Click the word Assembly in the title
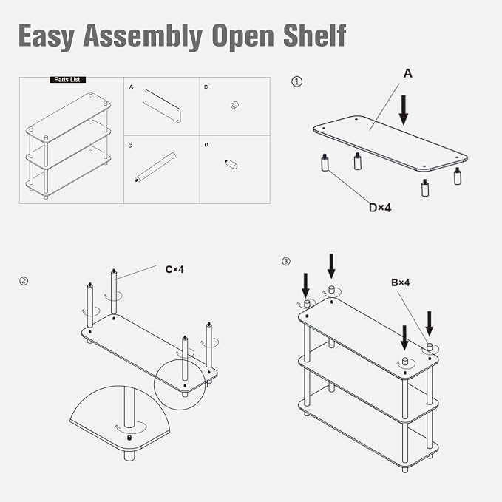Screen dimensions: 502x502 click(143, 36)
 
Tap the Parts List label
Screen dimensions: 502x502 click(68, 80)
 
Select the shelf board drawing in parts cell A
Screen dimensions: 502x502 click(162, 106)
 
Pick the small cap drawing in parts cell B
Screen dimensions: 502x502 click(235, 105)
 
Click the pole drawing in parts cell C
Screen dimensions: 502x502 click(155, 167)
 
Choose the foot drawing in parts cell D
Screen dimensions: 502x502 click(231, 164)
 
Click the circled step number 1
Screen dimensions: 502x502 click(296, 81)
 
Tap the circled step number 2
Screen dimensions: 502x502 click(24, 281)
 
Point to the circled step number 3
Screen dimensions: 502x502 click(286, 262)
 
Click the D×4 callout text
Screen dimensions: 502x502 click(380, 208)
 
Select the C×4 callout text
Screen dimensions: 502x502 click(174, 270)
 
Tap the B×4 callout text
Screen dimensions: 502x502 click(401, 282)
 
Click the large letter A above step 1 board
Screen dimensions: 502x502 click(408, 74)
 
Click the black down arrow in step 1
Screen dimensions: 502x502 click(404, 110)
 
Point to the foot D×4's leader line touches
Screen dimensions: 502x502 click(325, 163)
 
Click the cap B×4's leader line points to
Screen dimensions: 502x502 click(430, 347)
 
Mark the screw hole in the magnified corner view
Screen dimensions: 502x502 click(129, 438)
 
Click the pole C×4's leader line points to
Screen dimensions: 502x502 click(114, 291)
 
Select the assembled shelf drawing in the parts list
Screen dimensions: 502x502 click(69, 146)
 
